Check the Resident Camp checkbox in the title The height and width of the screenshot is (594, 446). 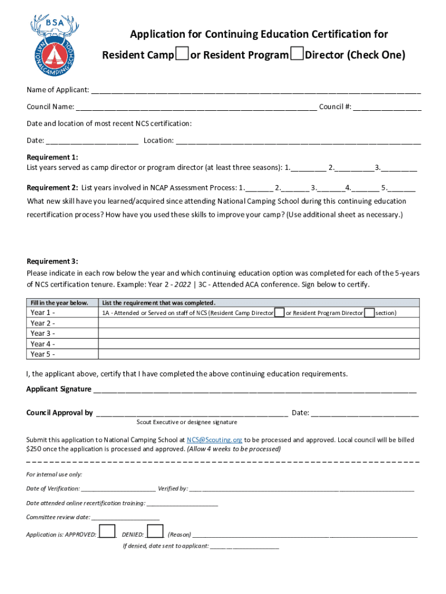click(182, 55)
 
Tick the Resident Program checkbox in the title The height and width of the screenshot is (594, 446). click(297, 55)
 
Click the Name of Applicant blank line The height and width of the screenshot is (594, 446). click(255, 90)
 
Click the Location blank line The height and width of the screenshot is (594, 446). click(298, 141)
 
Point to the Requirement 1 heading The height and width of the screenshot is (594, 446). click(52, 157)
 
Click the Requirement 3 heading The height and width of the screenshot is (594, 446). click(52, 262)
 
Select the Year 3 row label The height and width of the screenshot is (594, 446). click(43, 334)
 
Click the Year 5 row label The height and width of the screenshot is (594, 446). click(43, 354)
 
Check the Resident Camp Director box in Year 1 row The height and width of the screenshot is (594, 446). click(279, 313)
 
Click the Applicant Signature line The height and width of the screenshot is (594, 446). click(254, 389)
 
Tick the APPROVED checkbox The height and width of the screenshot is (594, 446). click(107, 532)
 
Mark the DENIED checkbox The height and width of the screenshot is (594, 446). click(155, 532)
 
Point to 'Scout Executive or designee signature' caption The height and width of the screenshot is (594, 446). click(187, 422)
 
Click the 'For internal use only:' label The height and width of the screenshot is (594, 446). click(54, 474)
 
